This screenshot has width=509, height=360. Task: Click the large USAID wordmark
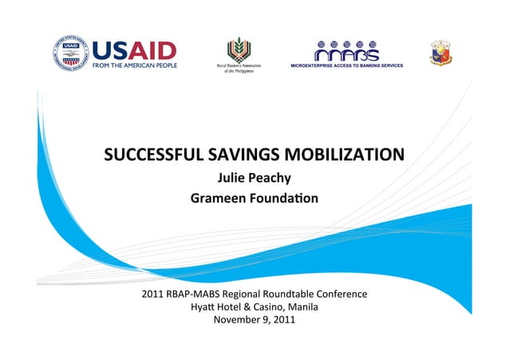(134, 49)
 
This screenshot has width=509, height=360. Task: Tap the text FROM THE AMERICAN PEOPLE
(134, 65)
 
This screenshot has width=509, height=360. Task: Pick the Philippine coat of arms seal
(441, 53)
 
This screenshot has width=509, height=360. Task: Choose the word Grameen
(218, 196)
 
